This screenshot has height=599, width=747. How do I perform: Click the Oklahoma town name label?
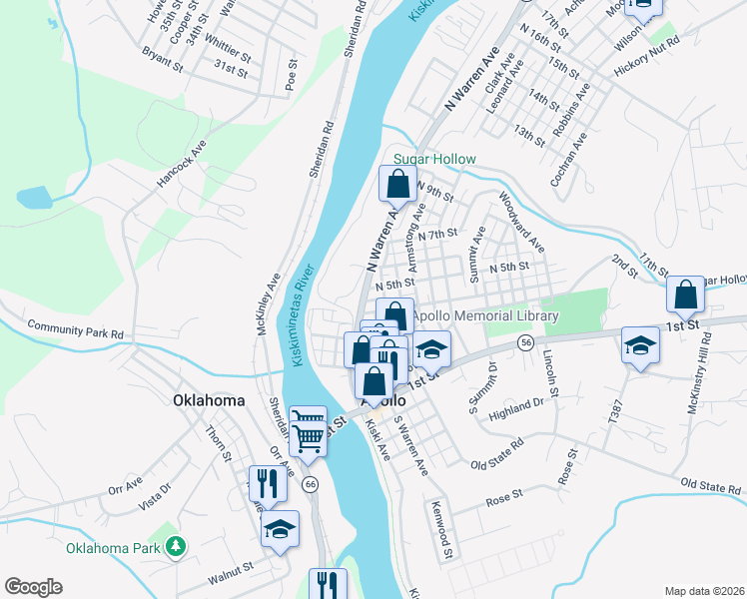(208, 400)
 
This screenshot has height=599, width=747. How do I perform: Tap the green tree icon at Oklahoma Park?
(176, 546)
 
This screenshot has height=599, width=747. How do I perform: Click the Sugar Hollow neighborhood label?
(434, 159)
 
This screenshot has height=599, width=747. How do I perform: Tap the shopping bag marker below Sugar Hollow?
(397, 185)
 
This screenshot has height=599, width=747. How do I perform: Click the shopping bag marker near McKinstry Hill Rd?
(685, 295)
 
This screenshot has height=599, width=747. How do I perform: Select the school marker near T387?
(640, 346)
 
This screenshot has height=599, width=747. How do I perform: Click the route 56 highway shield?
(524, 342)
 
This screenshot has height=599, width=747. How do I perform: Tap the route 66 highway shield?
(311, 484)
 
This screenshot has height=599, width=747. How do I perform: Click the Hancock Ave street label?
(181, 163)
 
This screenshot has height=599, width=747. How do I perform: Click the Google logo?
(33, 587)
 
